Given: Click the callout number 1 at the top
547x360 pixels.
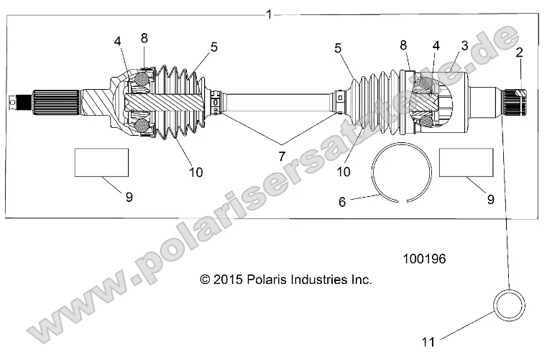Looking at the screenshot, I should pyautogui.click(x=269, y=14).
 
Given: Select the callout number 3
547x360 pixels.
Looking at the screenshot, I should pyautogui.click(x=464, y=45).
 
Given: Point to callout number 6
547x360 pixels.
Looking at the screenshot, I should pyautogui.click(x=342, y=203).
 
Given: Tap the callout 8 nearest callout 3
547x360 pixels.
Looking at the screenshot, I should pyautogui.click(x=405, y=45).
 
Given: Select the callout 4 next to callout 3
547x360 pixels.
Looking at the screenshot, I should pyautogui.click(x=435, y=45).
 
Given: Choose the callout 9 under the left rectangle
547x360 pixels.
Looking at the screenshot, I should pyautogui.click(x=129, y=198).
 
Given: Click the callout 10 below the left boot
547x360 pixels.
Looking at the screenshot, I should pyautogui.click(x=196, y=172).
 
